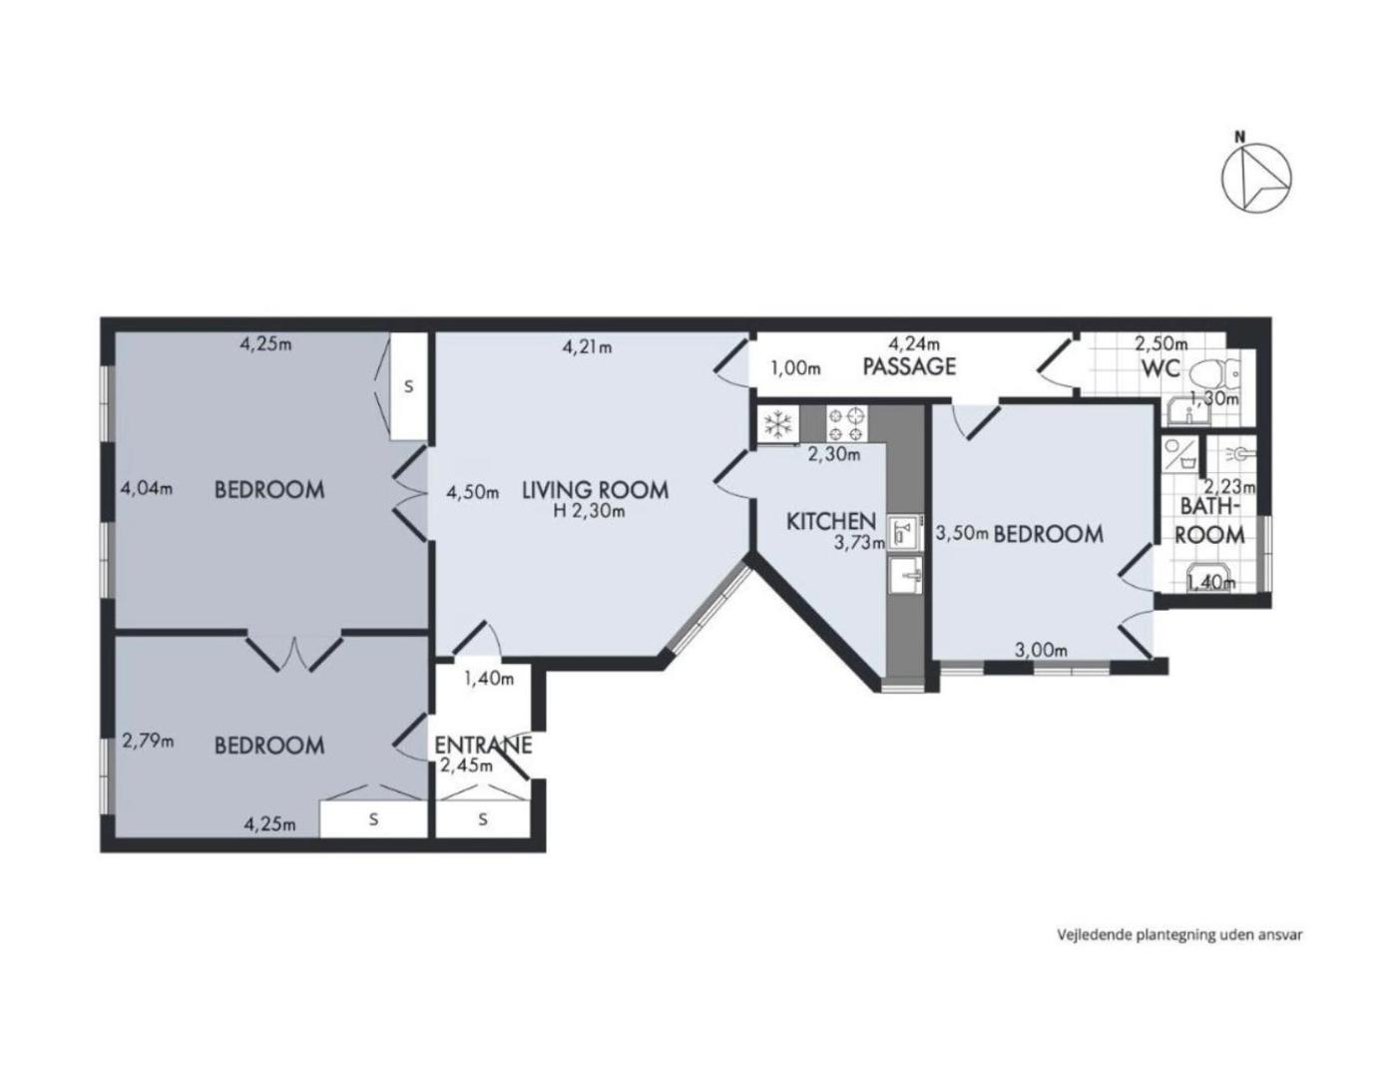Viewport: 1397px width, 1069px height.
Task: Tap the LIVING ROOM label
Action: pyautogui.click(x=595, y=490)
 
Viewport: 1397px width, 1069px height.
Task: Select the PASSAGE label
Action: pyautogui.click(x=909, y=366)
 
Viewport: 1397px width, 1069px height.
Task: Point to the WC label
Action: pyautogui.click(x=1161, y=368)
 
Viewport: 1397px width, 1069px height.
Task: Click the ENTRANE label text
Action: pyautogui.click(x=483, y=745)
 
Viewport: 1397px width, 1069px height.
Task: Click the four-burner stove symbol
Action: pyautogui.click(x=846, y=424)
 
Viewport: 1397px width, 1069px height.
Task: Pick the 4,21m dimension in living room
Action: pyautogui.click(x=587, y=347)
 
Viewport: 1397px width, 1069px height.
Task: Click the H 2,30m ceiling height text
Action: pyautogui.click(x=589, y=511)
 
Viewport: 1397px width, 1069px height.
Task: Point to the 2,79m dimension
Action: pyautogui.click(x=148, y=741)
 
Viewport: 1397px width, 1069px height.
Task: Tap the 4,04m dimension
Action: pyautogui.click(x=147, y=488)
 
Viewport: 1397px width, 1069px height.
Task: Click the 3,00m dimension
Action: pyautogui.click(x=1041, y=650)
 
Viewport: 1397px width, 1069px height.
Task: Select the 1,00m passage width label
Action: pyautogui.click(x=795, y=368)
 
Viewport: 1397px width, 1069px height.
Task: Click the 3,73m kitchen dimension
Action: pyautogui.click(x=859, y=542)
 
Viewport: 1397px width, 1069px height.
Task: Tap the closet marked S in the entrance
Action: pyautogui.click(x=483, y=818)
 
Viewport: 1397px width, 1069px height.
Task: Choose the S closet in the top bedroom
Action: pyautogui.click(x=408, y=386)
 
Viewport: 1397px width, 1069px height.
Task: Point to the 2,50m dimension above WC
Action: pyautogui.click(x=1162, y=343)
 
